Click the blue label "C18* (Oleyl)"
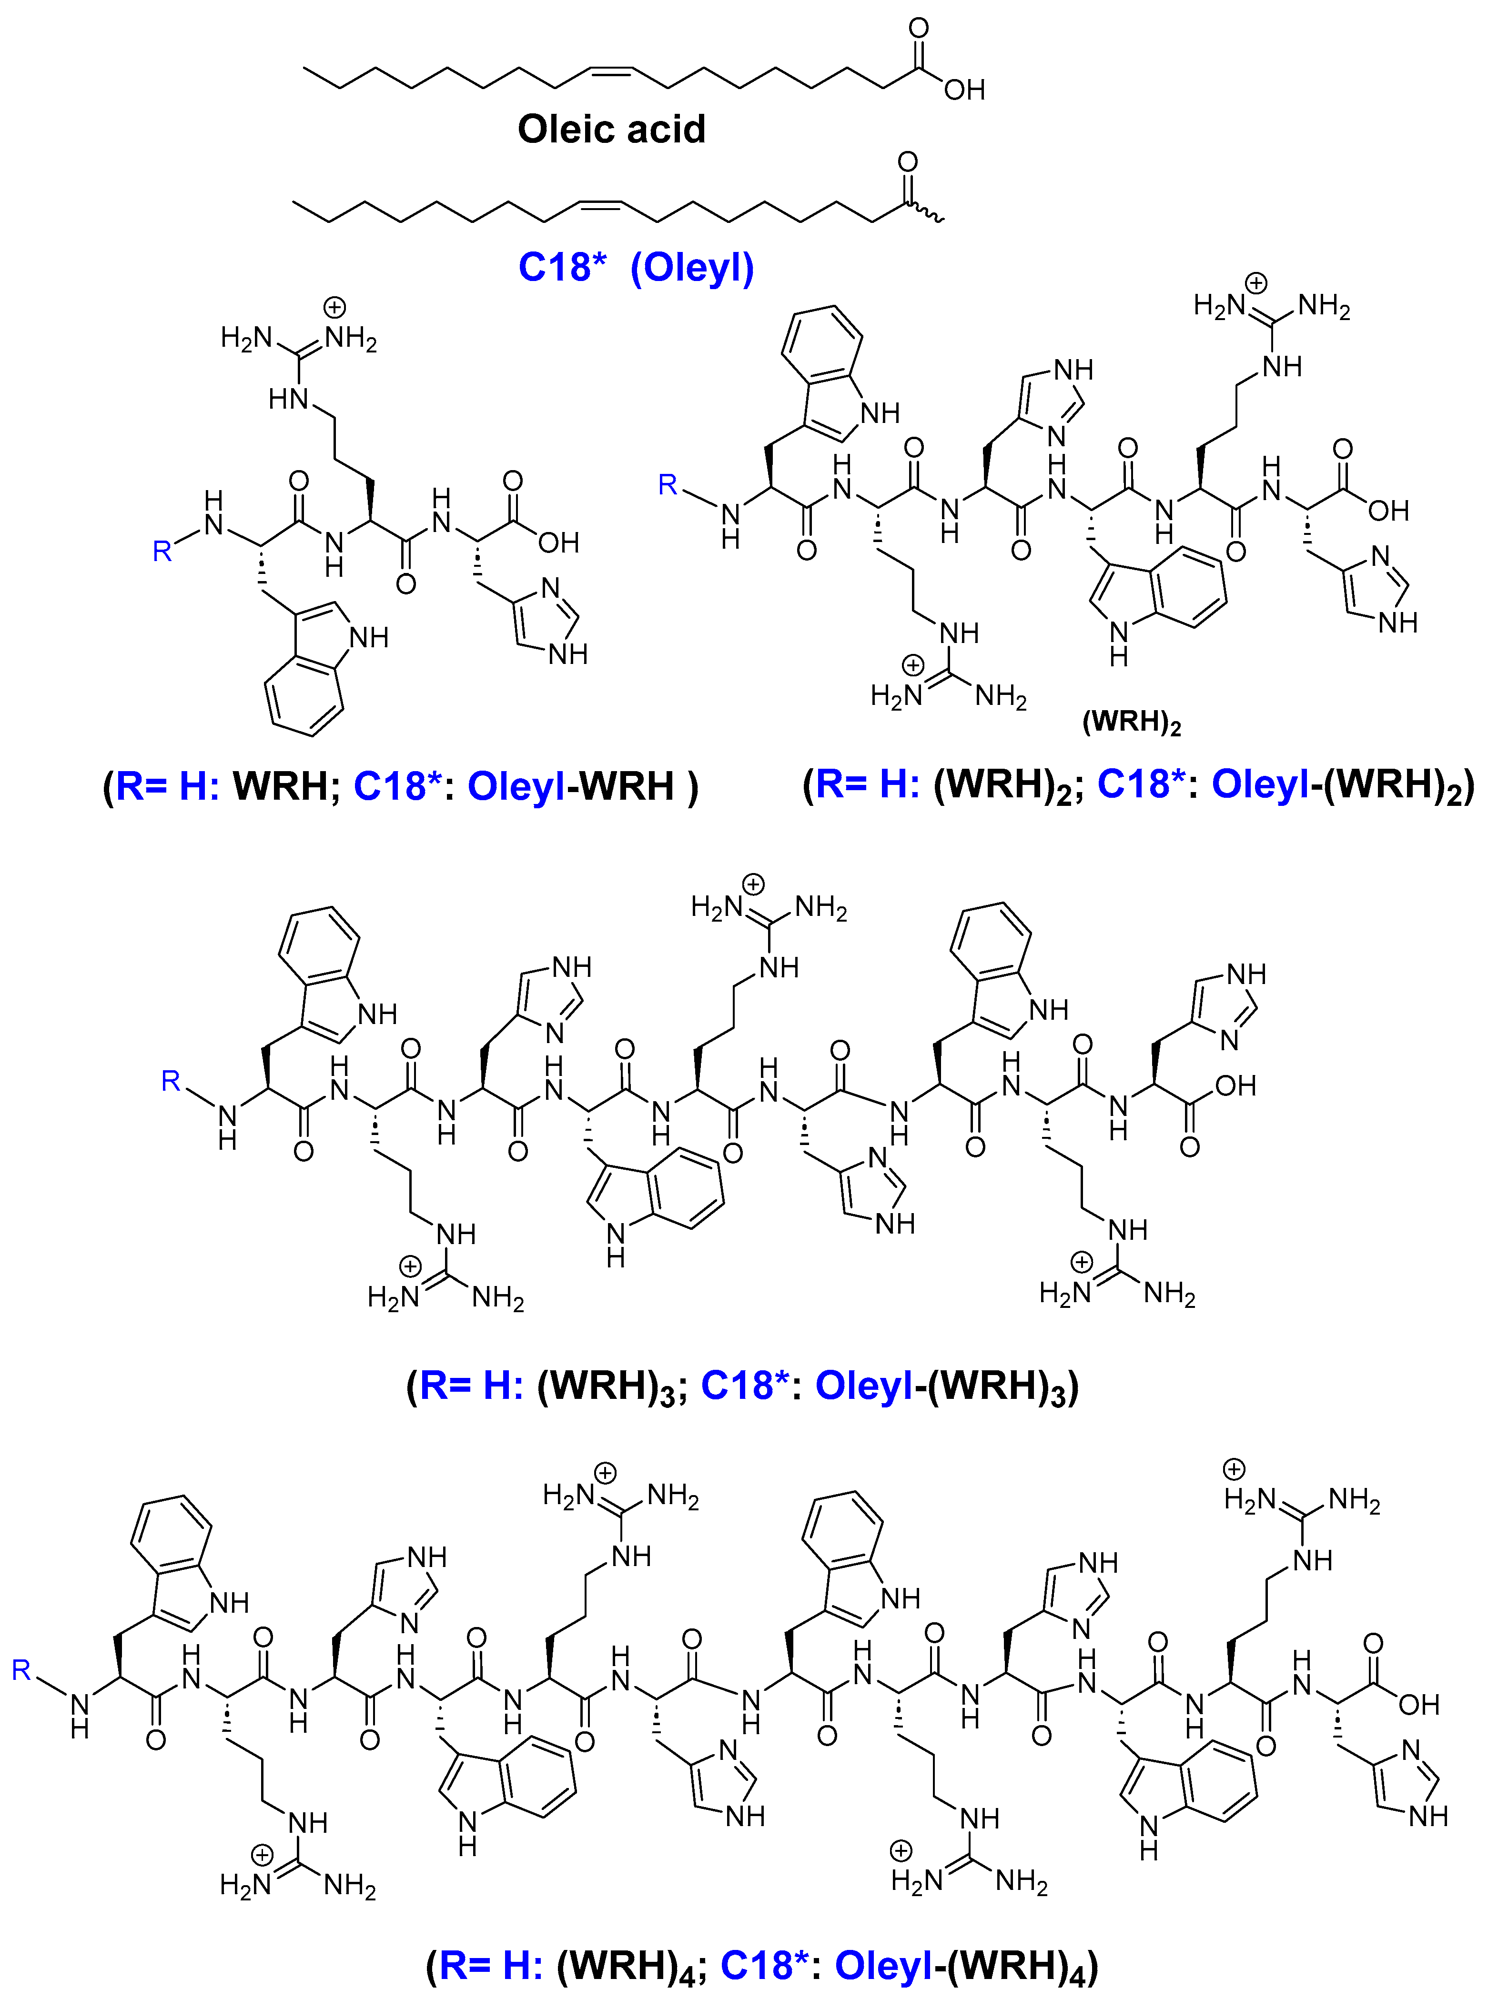[636, 268]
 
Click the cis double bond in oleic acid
[612, 70]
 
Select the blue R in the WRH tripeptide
[162, 551]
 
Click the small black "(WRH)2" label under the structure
[1131, 722]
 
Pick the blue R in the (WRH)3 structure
[170, 1081]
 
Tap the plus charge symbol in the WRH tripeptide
[334, 308]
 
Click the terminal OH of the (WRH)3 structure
[1235, 1085]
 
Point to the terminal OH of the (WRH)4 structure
[1418, 1704]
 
